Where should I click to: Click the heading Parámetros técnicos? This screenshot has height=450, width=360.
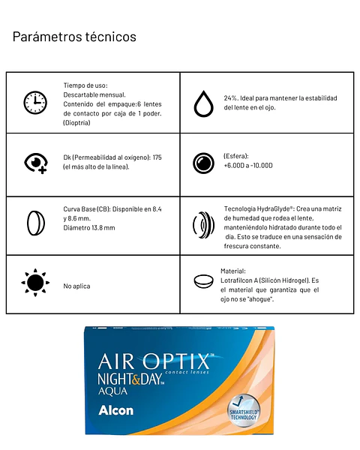click(74, 36)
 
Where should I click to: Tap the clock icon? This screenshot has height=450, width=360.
click(34, 102)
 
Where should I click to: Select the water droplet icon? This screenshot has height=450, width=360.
click(202, 103)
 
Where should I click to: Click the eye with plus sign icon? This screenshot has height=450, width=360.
click(35, 162)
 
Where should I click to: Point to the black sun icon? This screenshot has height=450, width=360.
click(34, 282)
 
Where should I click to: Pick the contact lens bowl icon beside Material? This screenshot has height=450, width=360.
click(202, 281)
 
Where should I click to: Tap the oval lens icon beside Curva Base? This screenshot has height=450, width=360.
click(34, 223)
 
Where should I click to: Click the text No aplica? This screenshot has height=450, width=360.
click(78, 286)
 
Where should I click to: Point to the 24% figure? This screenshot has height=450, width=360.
click(231, 98)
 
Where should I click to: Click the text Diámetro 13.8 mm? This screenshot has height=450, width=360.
click(89, 227)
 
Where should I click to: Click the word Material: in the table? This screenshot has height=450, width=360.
click(233, 271)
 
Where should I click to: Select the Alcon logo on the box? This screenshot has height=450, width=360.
click(115, 410)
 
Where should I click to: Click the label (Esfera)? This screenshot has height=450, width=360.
click(236, 156)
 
